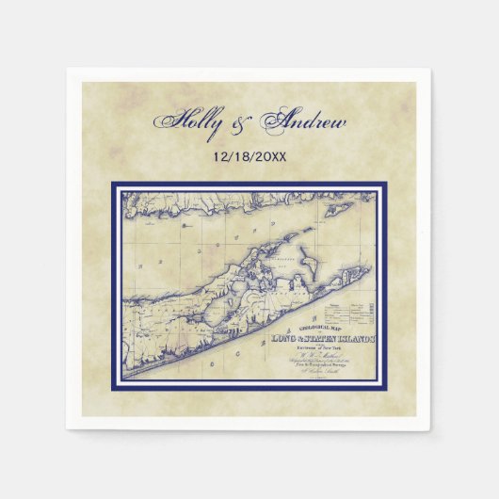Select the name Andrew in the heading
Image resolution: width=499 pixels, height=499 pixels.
[306, 124]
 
